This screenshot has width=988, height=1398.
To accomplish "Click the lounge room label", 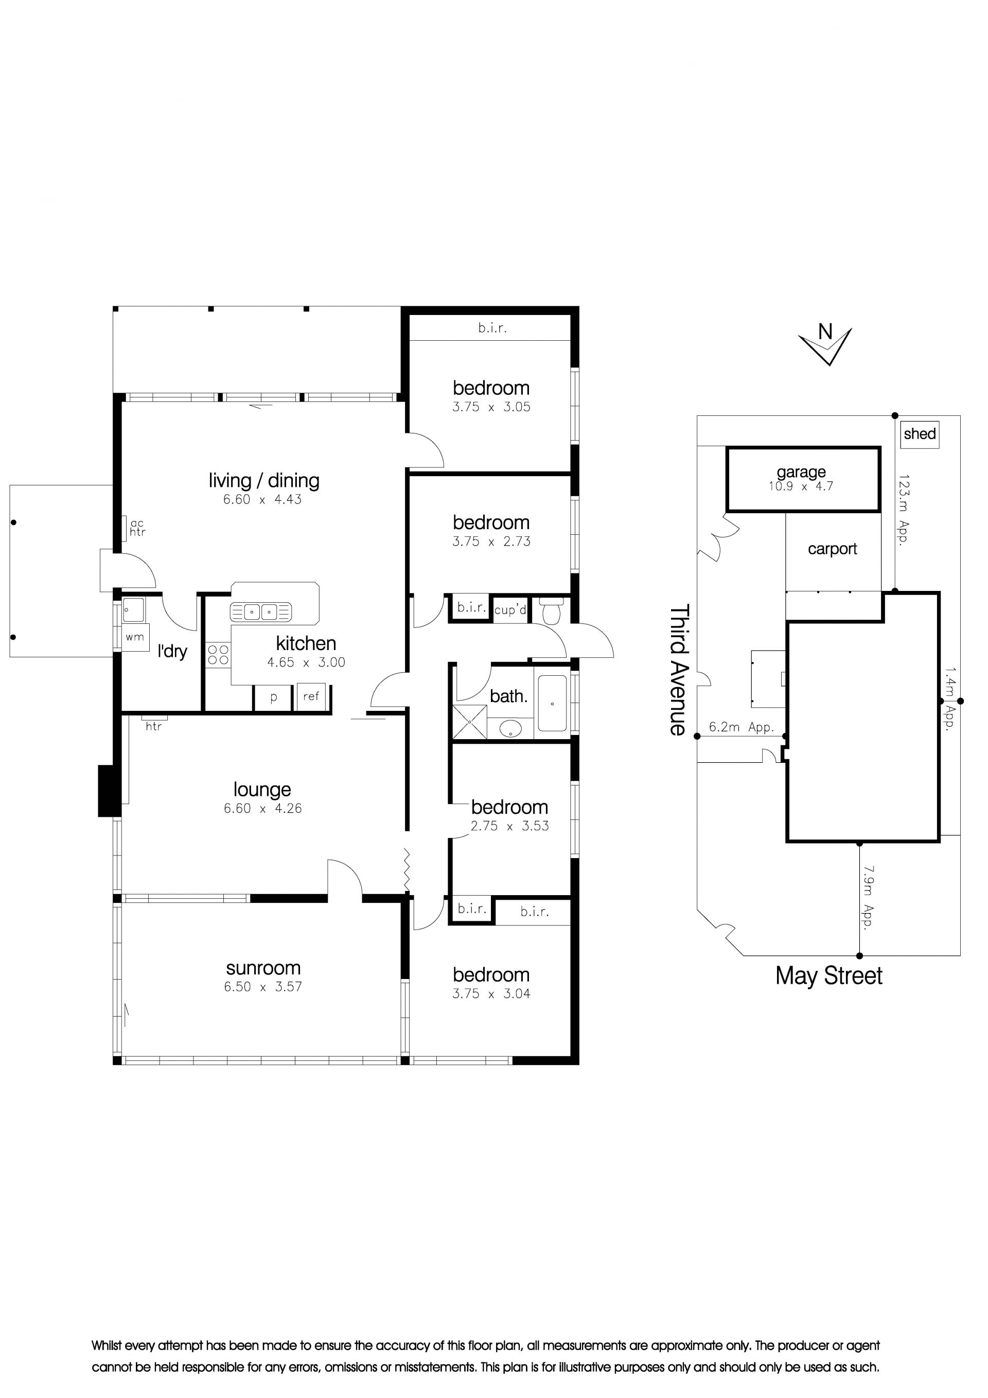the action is pos(262,790).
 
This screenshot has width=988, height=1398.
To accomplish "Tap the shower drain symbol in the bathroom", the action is pos(469,722).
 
